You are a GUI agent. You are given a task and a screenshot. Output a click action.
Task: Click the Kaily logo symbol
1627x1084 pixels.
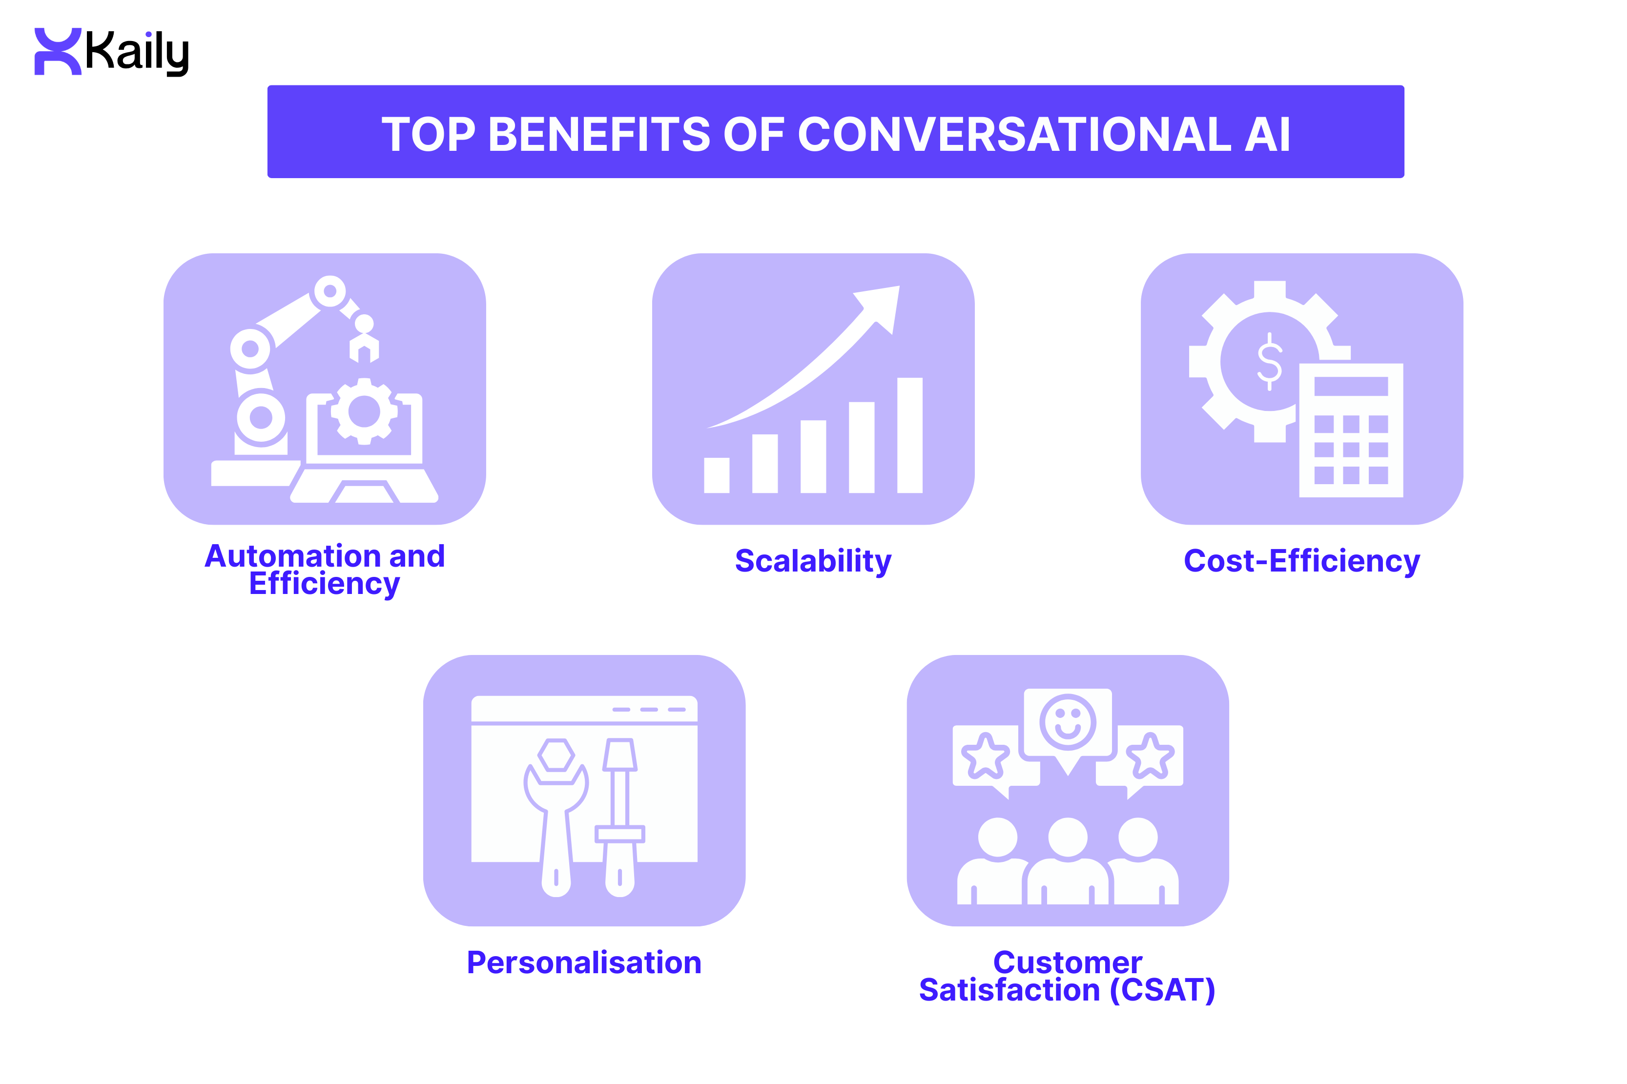58,51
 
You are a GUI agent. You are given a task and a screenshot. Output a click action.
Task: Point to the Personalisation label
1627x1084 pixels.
584,962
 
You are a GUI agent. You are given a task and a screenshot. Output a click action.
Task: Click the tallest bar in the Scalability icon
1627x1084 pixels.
909,435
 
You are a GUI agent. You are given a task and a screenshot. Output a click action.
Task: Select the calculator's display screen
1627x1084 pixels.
1350,386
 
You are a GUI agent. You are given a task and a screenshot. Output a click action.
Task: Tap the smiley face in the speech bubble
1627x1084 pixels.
1067,722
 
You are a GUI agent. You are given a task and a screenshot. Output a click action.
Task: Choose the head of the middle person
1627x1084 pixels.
1067,837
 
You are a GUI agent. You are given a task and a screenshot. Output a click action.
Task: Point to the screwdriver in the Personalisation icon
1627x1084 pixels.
619,816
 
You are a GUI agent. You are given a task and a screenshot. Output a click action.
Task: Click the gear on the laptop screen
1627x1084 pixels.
364,412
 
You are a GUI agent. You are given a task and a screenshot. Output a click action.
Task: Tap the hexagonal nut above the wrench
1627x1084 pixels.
556,754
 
